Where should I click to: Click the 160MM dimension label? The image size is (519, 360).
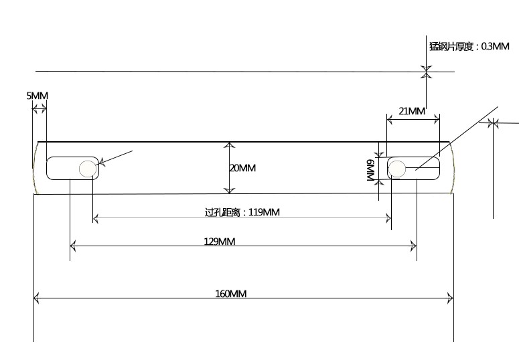coord(231,294)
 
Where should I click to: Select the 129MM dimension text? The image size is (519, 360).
coord(220,242)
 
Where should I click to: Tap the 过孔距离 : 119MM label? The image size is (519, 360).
coord(242,212)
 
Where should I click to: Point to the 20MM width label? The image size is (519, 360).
coord(242,168)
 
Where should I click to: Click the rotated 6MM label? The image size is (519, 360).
coord(370,170)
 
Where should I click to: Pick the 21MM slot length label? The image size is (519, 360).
coord(412,111)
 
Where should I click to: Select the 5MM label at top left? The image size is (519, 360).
coord(38,96)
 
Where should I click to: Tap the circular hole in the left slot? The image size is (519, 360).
coord(88,169)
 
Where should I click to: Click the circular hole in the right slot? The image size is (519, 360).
coord(396,169)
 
